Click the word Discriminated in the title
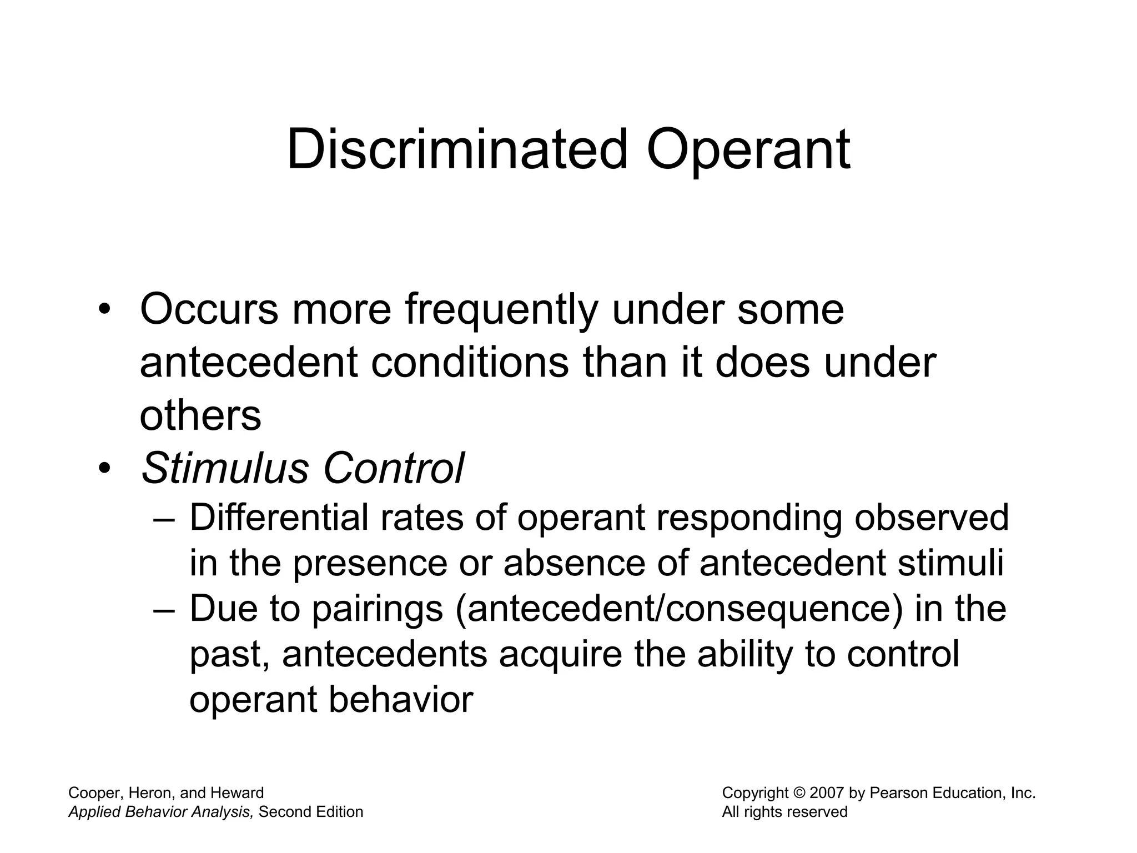(x=457, y=149)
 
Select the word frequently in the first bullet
(x=501, y=309)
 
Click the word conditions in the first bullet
(x=470, y=363)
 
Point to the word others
(x=200, y=415)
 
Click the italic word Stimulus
(x=225, y=468)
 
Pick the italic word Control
(x=394, y=468)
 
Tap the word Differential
(x=279, y=518)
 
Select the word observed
(x=931, y=518)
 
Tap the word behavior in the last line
(x=401, y=700)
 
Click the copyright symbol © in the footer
(x=799, y=793)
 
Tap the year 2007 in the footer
(x=827, y=793)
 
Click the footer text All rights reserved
(x=784, y=812)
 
